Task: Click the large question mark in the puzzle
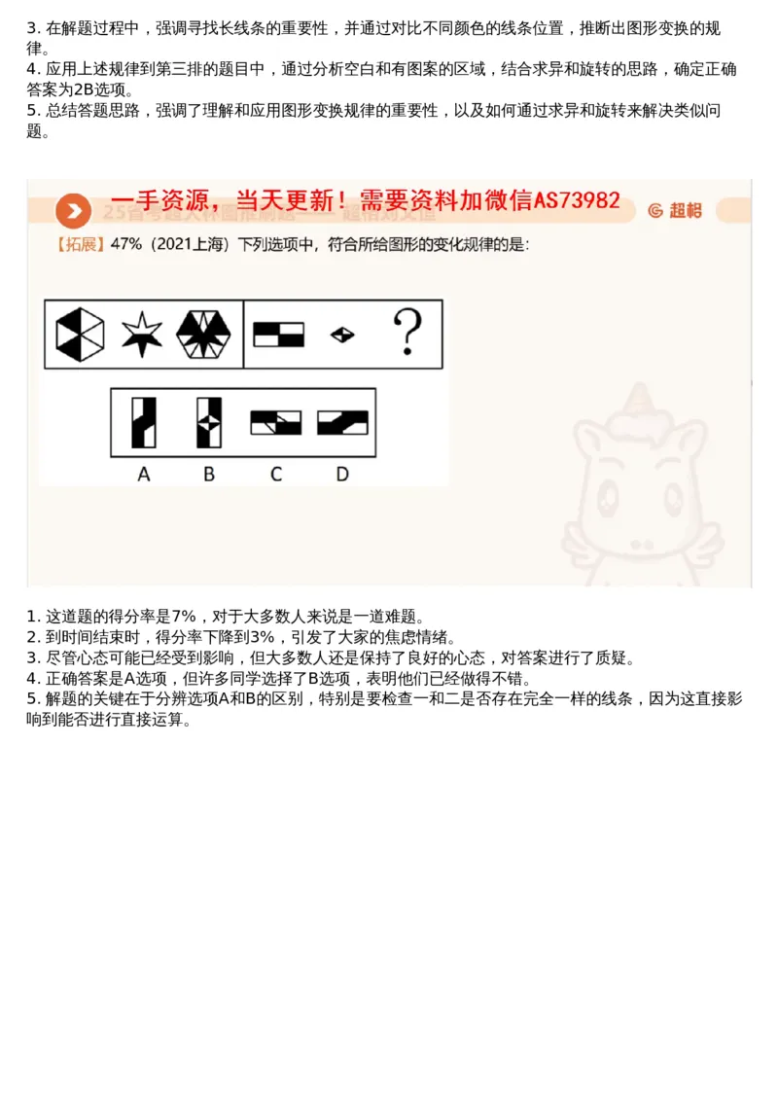[x=407, y=334]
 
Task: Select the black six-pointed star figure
[x=142, y=335]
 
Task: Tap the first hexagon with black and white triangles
[x=79, y=335]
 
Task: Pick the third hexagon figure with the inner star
[x=203, y=335]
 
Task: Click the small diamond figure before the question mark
[x=342, y=335]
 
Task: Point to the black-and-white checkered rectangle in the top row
[x=279, y=335]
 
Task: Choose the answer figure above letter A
[x=144, y=422]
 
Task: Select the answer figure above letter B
[x=209, y=422]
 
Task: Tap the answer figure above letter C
[x=276, y=422]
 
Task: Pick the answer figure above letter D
[x=342, y=422]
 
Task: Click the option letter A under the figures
[x=144, y=475]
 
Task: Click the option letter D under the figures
[x=342, y=475]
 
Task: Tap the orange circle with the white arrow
[x=73, y=211]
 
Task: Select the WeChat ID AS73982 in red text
[x=577, y=200]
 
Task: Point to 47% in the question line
[x=126, y=244]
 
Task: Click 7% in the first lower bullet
[x=184, y=616]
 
